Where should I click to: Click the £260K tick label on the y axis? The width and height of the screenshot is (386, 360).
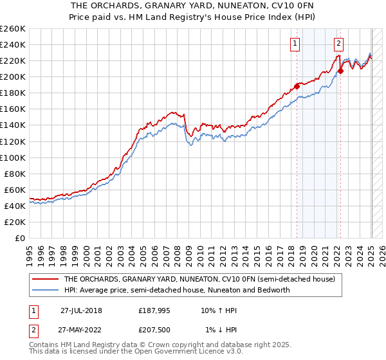tap(13, 28)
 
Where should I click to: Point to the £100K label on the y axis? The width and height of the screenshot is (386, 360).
tap(13, 157)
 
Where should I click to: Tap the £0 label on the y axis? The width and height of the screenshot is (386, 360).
tap(19, 238)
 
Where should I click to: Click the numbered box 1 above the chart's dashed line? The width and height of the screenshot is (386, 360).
tap(295, 44)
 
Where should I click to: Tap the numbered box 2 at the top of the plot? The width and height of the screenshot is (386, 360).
tap(338, 44)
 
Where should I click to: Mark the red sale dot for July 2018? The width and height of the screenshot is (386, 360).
tap(297, 86)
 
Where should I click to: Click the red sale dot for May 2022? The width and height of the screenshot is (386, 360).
tap(340, 71)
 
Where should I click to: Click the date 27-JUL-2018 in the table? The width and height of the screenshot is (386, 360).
tap(81, 310)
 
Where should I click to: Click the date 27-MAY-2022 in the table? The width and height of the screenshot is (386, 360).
tap(82, 330)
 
